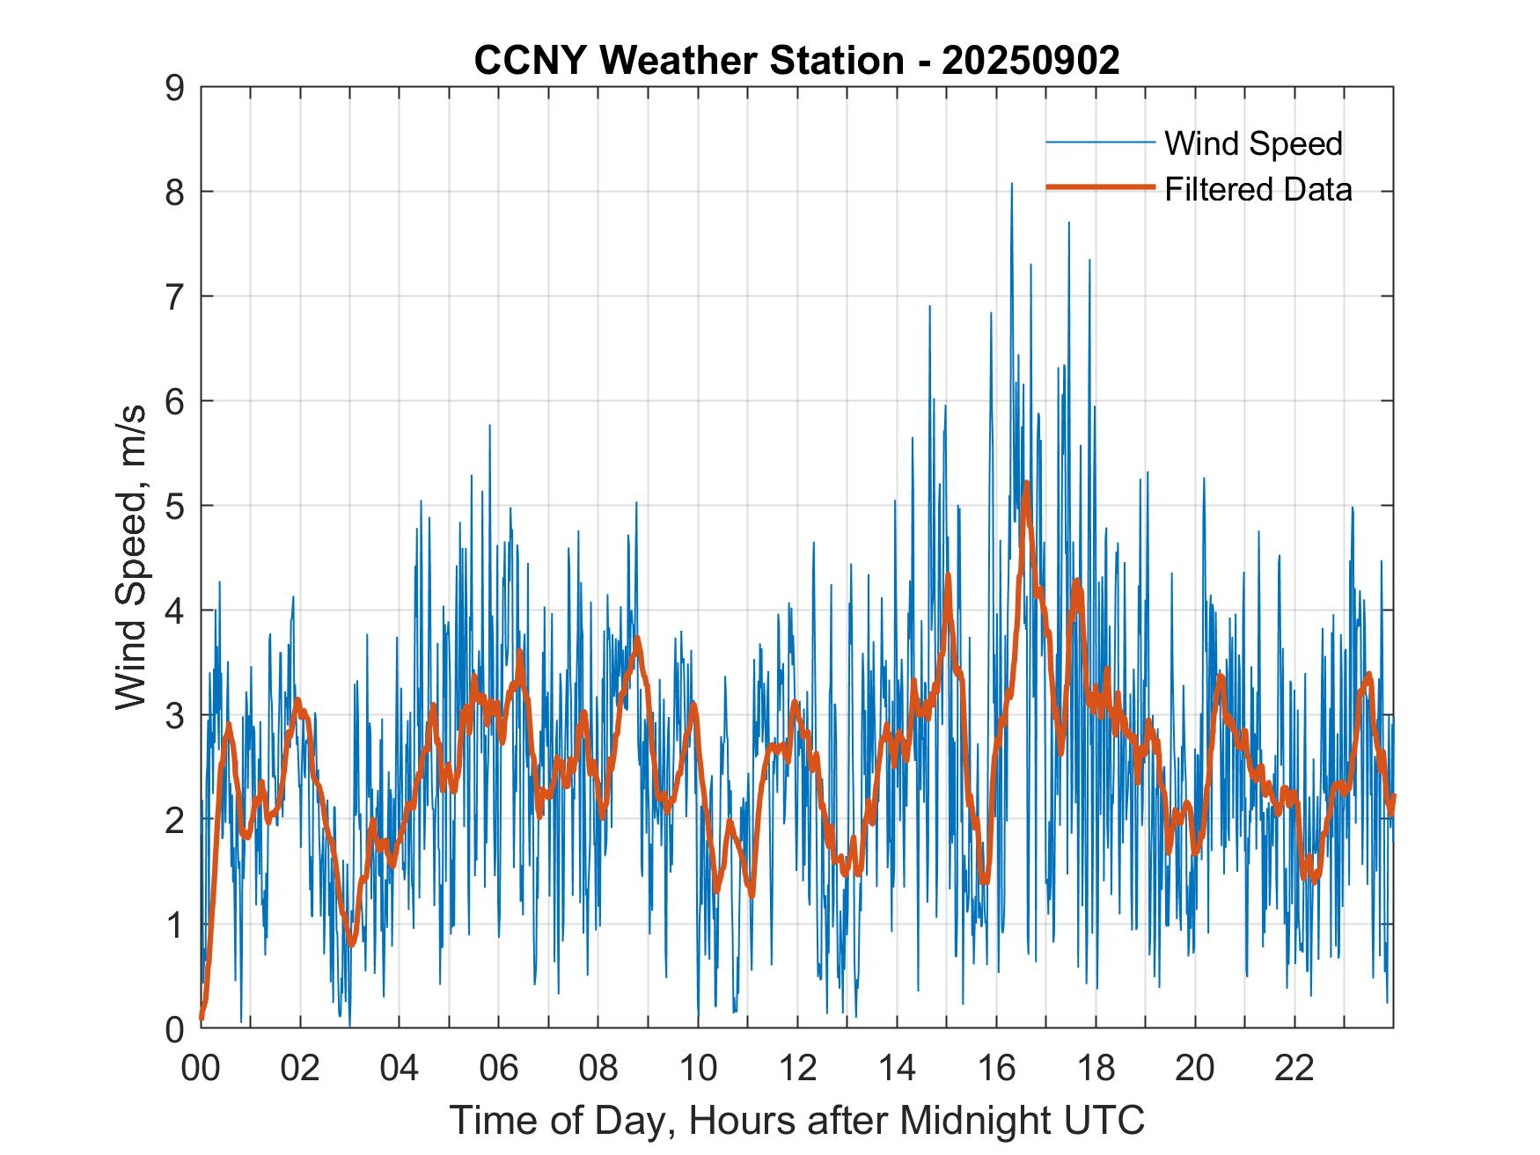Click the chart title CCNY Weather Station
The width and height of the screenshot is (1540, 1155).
(688, 61)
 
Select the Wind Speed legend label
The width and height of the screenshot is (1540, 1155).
(1253, 143)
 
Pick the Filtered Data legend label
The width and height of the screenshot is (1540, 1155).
(1258, 189)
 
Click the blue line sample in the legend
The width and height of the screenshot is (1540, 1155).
(1100, 143)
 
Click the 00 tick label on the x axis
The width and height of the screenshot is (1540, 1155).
(201, 1070)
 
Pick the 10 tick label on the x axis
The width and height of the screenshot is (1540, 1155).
(699, 1070)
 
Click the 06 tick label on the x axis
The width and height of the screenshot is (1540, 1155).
(499, 1070)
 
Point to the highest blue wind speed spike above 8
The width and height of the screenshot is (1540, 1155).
(1011, 184)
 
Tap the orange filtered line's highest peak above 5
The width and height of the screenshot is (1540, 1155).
(1026, 483)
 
